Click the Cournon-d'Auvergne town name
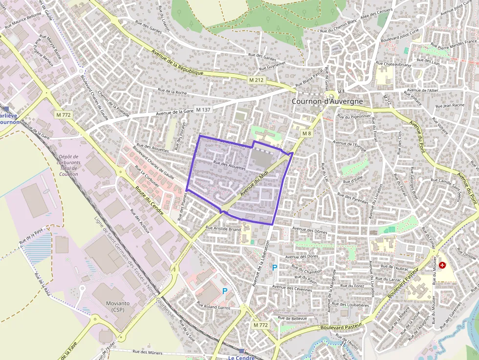tap(327, 101)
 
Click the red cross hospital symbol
tap(443, 265)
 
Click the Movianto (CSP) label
tap(118, 306)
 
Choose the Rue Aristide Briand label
tap(223, 228)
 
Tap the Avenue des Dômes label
tap(309, 230)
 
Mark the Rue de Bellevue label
tap(292, 318)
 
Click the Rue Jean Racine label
tap(449, 105)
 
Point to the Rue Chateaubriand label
tap(393, 64)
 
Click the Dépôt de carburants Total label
tap(68, 162)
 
